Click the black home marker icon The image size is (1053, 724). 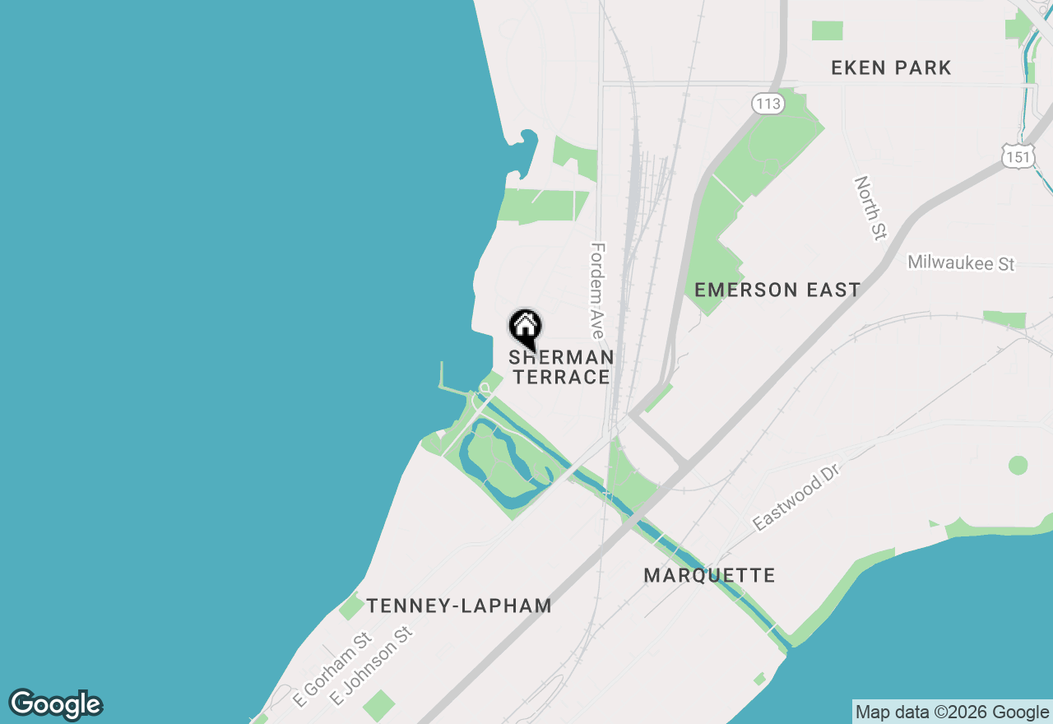click(x=525, y=328)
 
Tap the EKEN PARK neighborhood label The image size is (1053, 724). click(x=891, y=68)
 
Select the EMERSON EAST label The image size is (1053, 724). click(x=777, y=290)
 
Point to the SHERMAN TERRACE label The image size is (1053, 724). click(x=560, y=368)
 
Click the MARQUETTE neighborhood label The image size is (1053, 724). click(x=709, y=575)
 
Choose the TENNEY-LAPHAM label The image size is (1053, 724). click(x=458, y=606)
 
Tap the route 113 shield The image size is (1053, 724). click(x=768, y=104)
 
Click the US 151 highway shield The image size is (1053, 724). click(x=1018, y=156)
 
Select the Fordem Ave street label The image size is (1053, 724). click(x=597, y=290)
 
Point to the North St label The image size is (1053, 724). click(x=868, y=207)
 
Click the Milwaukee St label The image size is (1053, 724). click(x=961, y=263)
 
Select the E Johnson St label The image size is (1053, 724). click(x=370, y=666)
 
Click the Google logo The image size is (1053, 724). click(x=56, y=704)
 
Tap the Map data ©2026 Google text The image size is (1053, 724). click(x=952, y=712)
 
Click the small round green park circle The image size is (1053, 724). click(x=1018, y=465)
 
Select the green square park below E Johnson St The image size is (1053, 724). click(x=378, y=705)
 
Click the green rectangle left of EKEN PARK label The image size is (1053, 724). click(x=827, y=30)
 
